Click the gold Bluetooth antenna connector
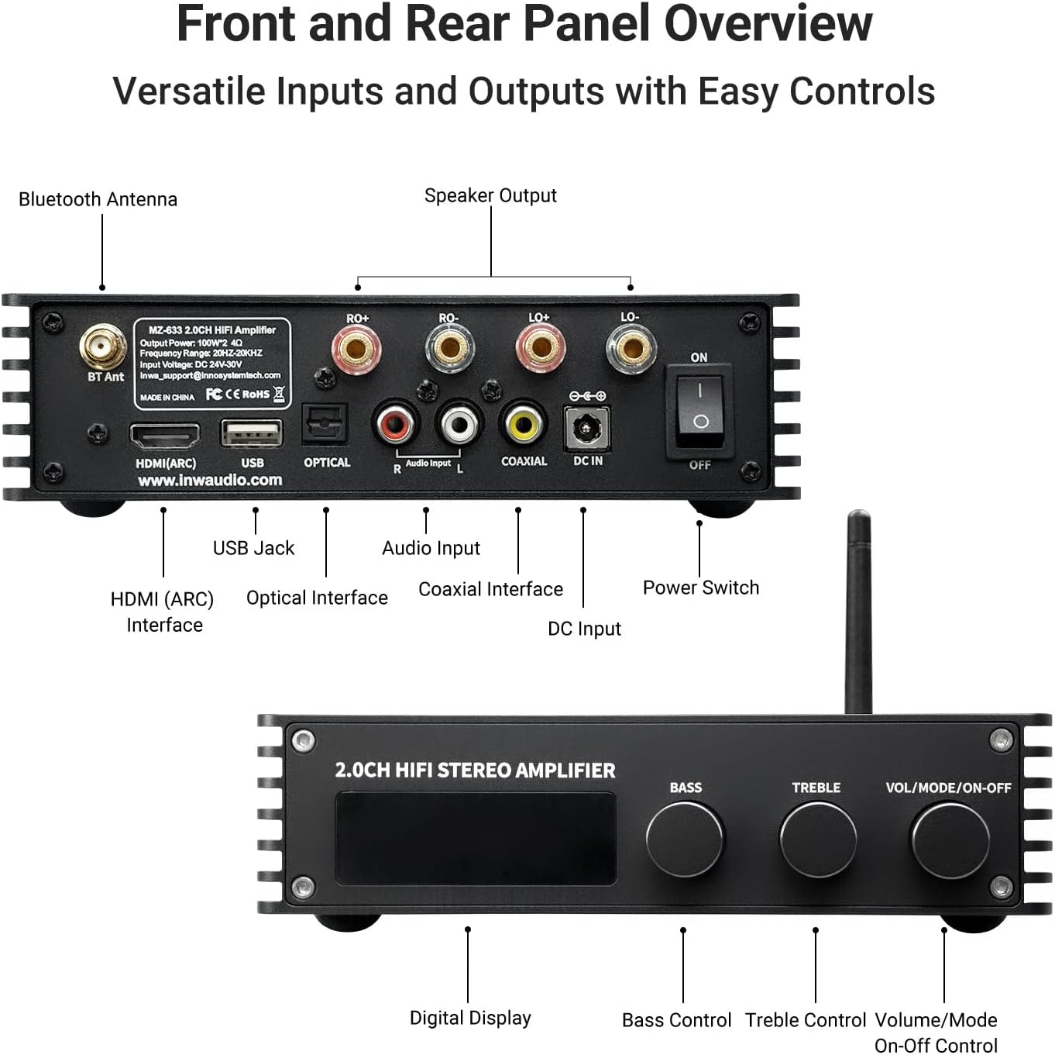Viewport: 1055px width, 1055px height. [x=103, y=347]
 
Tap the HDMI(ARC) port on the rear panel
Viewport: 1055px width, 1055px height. [x=164, y=436]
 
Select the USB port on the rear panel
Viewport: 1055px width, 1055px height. [x=252, y=433]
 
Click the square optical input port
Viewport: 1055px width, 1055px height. [x=324, y=425]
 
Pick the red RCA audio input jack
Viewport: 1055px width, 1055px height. [x=396, y=424]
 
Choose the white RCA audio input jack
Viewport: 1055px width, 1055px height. [x=459, y=424]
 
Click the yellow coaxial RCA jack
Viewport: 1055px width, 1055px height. [x=524, y=424]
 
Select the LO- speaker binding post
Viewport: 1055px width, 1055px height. [x=631, y=349]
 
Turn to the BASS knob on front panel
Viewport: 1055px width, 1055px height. [x=685, y=840]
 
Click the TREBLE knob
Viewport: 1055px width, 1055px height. [x=817, y=840]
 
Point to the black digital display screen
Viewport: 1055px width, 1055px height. [x=475, y=838]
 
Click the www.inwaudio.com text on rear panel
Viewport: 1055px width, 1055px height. [x=210, y=481]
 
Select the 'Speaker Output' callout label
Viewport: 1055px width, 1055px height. [x=490, y=196]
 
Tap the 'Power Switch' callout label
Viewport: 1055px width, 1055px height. [x=700, y=588]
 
